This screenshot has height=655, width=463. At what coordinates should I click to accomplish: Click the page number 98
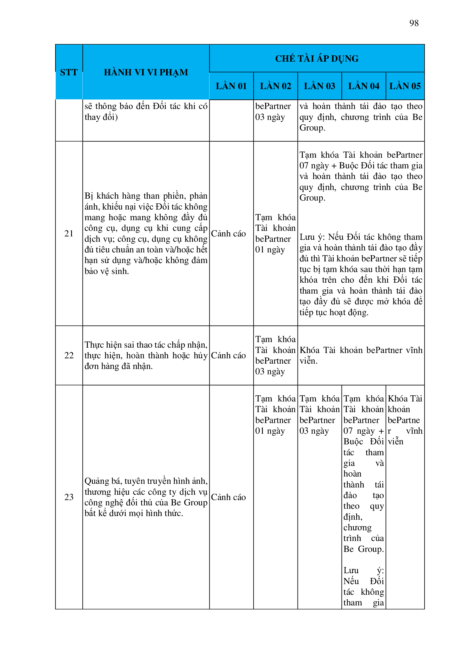(x=414, y=23)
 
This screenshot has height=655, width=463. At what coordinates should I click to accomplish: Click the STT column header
(x=69, y=72)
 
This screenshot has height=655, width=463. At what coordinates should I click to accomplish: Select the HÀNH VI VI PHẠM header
(x=146, y=72)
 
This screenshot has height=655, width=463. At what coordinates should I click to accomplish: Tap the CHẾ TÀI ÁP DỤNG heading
(x=317, y=59)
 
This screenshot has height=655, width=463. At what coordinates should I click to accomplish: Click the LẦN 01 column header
(x=231, y=86)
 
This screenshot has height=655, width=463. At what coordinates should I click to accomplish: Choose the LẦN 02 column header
(x=275, y=86)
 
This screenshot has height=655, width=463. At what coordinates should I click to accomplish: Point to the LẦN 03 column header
(x=320, y=86)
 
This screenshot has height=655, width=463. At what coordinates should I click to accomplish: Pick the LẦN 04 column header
(x=364, y=86)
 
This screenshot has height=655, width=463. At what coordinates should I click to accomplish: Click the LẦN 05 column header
(x=405, y=86)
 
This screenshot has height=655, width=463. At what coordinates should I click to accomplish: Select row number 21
(x=69, y=233)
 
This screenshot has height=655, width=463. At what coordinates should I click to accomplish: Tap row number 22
(x=69, y=355)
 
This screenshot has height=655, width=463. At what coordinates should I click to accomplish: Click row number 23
(x=69, y=497)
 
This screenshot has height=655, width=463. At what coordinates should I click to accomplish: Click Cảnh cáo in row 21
(x=228, y=233)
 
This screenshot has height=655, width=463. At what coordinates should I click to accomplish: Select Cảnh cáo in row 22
(x=228, y=355)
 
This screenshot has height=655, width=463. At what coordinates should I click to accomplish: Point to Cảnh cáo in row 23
(x=228, y=497)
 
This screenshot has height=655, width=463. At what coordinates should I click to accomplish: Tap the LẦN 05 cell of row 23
(x=405, y=420)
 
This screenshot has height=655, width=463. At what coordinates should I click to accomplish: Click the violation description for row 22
(x=146, y=355)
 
